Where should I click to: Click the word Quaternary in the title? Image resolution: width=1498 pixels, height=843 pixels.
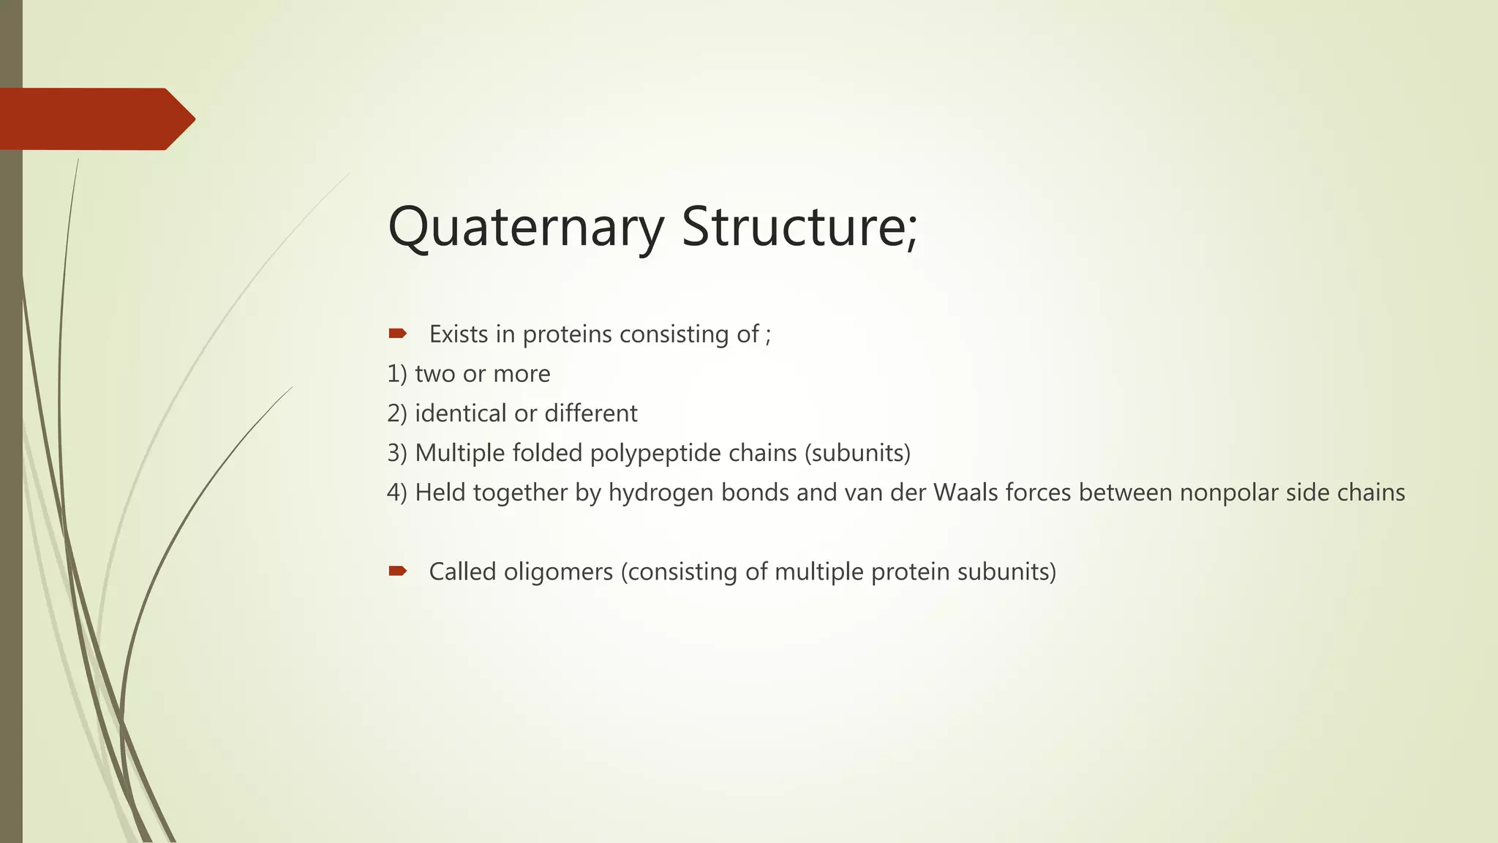[x=525, y=228]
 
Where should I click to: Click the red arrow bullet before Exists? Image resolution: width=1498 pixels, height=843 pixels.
[x=397, y=334]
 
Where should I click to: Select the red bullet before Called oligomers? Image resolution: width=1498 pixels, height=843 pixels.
[x=397, y=571]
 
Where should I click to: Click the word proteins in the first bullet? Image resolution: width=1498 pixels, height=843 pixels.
[x=567, y=334]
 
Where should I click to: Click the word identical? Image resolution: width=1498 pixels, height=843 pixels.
[x=460, y=413]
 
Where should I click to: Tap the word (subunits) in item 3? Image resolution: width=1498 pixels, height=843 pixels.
[x=857, y=454]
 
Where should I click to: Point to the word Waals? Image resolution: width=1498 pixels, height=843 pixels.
[x=966, y=492]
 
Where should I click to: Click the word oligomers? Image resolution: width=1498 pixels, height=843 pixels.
[x=558, y=572]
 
